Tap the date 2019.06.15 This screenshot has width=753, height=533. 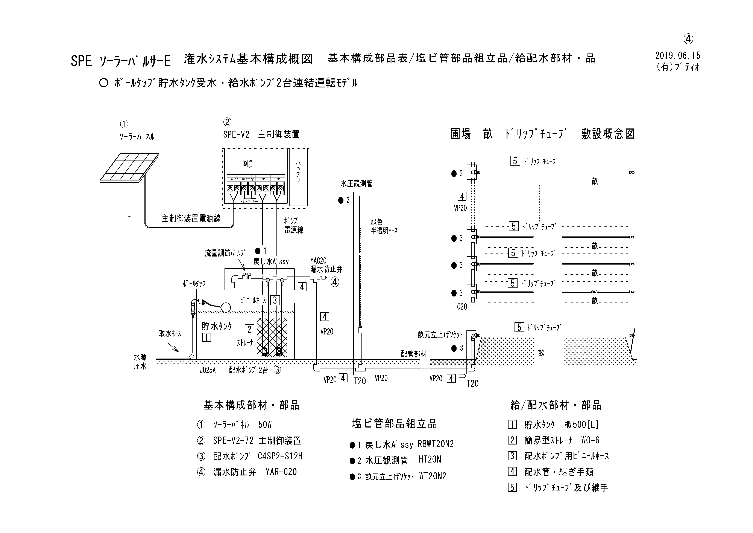tap(678, 55)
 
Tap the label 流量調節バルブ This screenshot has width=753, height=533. tap(225, 253)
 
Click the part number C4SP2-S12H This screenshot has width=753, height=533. tap(280, 456)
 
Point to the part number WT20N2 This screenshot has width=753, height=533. tap(433, 476)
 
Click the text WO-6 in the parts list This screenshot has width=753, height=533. tap(590, 440)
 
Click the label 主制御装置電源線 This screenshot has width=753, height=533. tap(191, 218)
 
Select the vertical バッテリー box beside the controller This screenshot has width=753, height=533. tap(298, 177)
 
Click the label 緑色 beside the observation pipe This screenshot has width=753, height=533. tap(376, 222)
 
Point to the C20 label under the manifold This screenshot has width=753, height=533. tap(462, 307)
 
